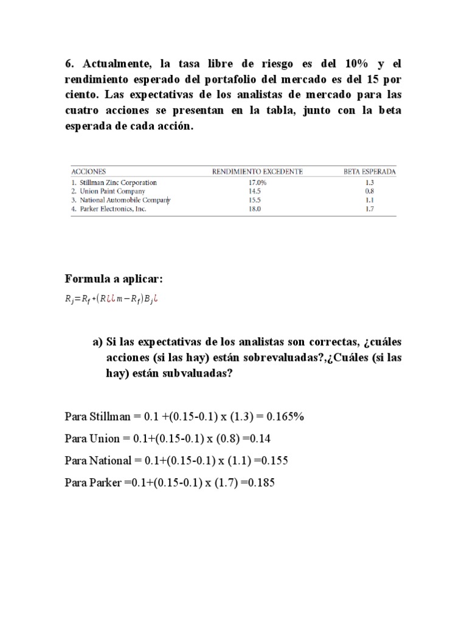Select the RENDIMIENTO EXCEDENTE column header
[257, 172]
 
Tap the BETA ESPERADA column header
[370, 172]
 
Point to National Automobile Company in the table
[120, 200]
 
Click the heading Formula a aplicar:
[114, 279]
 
